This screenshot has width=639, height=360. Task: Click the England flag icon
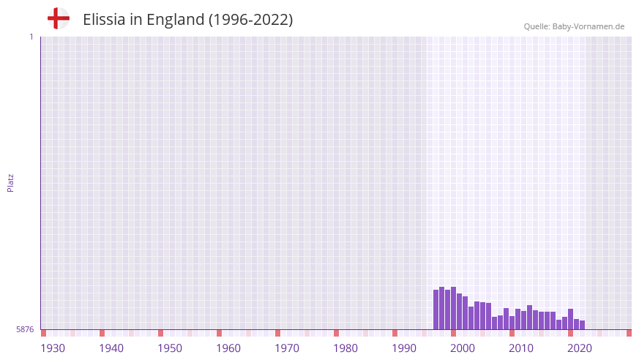coord(58,18)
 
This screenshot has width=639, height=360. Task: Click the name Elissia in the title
coord(104,20)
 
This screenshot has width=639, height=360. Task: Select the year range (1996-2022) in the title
coord(250,20)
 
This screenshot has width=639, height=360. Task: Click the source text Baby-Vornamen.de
coord(588,26)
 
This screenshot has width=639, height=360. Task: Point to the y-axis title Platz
coord(10,182)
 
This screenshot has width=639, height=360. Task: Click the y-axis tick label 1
coord(31,37)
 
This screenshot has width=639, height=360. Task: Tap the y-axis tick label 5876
coord(25,330)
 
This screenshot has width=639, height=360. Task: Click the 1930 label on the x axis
coord(53,348)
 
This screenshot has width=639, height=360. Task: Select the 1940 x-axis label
coord(111,348)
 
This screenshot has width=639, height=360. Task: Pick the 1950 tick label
coord(170,348)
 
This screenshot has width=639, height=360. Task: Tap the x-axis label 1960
coord(228,348)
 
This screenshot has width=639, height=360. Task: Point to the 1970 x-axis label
coord(287,348)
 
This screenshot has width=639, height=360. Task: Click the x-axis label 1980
coord(345,348)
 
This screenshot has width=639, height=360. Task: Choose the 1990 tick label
coord(404,348)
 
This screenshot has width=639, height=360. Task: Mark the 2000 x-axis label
coord(463,348)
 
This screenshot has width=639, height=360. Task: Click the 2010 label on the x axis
coord(521,348)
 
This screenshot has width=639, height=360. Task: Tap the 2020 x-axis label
coord(580,348)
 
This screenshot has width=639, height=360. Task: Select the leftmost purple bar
coord(436,310)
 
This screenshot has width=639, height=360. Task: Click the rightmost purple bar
coord(583,325)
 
